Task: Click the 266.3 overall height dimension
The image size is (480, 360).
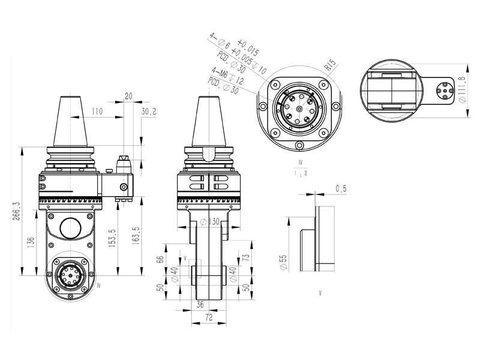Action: (x=16, y=211)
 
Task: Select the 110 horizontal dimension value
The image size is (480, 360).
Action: (x=97, y=111)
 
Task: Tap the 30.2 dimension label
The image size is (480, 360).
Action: (x=149, y=112)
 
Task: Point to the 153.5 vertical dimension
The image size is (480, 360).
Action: (x=112, y=238)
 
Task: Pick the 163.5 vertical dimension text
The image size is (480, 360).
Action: (x=136, y=235)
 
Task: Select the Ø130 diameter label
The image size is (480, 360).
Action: (x=209, y=221)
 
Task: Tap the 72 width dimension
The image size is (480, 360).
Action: (x=209, y=317)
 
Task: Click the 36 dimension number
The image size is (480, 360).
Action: (x=200, y=305)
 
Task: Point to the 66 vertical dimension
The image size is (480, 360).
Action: (x=160, y=259)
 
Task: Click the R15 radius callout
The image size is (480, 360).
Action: (x=331, y=64)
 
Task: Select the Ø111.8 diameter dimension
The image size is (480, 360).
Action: (x=462, y=89)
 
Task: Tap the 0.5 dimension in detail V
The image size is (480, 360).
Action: (x=341, y=188)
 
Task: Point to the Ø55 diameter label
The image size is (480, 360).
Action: (x=284, y=262)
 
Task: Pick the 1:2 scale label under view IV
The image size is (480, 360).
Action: (x=301, y=173)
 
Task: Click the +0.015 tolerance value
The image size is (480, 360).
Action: (x=248, y=48)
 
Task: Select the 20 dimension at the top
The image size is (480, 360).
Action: (x=128, y=96)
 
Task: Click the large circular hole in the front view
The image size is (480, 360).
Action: (x=71, y=228)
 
